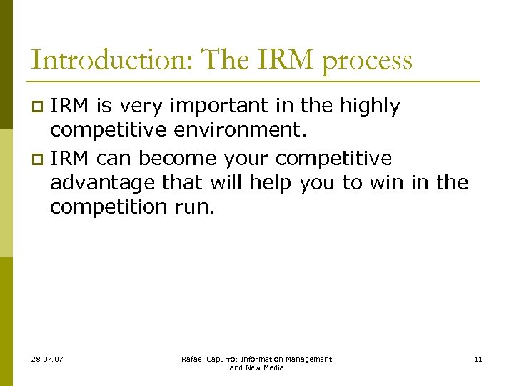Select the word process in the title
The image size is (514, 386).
(x=368, y=61)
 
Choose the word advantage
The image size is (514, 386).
(x=103, y=183)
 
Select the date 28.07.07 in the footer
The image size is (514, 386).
(x=47, y=359)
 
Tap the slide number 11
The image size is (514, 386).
(x=478, y=359)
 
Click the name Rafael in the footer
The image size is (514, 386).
(x=195, y=359)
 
